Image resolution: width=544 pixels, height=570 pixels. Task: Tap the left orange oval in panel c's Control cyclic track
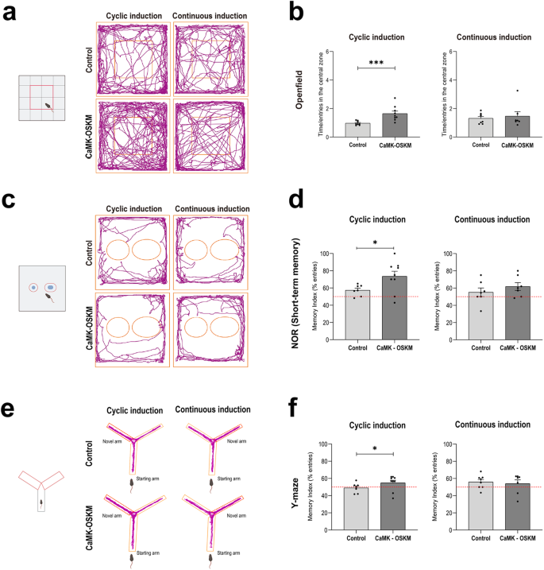[x=118, y=250]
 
